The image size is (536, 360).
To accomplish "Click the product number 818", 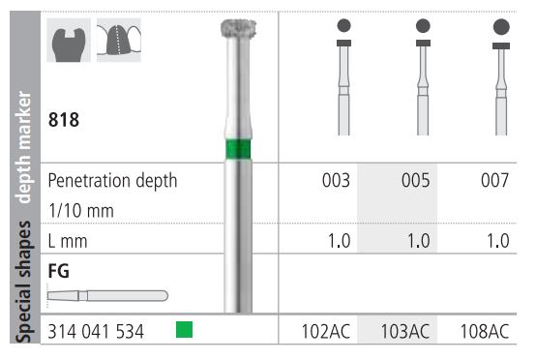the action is tap(64, 120).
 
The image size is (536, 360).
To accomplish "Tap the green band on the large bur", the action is tap(239, 149).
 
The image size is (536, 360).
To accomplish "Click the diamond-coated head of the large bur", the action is tap(239, 28).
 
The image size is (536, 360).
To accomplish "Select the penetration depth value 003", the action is tap(336, 180).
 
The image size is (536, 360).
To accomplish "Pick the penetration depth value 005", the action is tap(415, 180).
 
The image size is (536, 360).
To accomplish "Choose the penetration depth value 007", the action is tap(494, 180).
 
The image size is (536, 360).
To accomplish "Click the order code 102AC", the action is tap(326, 331).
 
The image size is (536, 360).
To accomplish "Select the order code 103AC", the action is tap(405, 331).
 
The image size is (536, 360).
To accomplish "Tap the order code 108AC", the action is tap(485, 331).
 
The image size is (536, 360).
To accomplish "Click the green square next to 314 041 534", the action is tap(184, 330).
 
